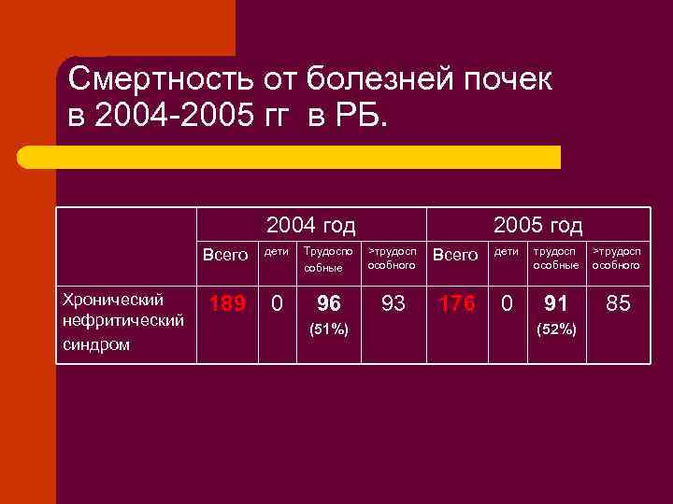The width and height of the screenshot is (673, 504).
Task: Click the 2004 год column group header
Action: (310, 225)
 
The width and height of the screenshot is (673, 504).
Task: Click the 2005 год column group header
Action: (537, 225)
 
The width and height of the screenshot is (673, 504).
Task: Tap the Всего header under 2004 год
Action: (226, 255)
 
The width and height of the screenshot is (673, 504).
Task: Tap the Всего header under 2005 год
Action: (457, 255)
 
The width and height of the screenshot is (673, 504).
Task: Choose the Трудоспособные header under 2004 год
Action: (328, 259)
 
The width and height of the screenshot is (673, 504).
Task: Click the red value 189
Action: (226, 303)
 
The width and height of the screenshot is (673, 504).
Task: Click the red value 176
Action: (457, 303)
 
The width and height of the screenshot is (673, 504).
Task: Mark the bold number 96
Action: (329, 303)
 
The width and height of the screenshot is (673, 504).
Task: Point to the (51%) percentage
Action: (329, 329)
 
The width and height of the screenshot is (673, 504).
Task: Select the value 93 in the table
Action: (393, 303)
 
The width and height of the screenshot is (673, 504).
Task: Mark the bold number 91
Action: (556, 303)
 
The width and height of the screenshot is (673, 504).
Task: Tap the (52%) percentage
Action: (556, 329)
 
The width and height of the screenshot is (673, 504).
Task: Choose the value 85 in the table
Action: (618, 303)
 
